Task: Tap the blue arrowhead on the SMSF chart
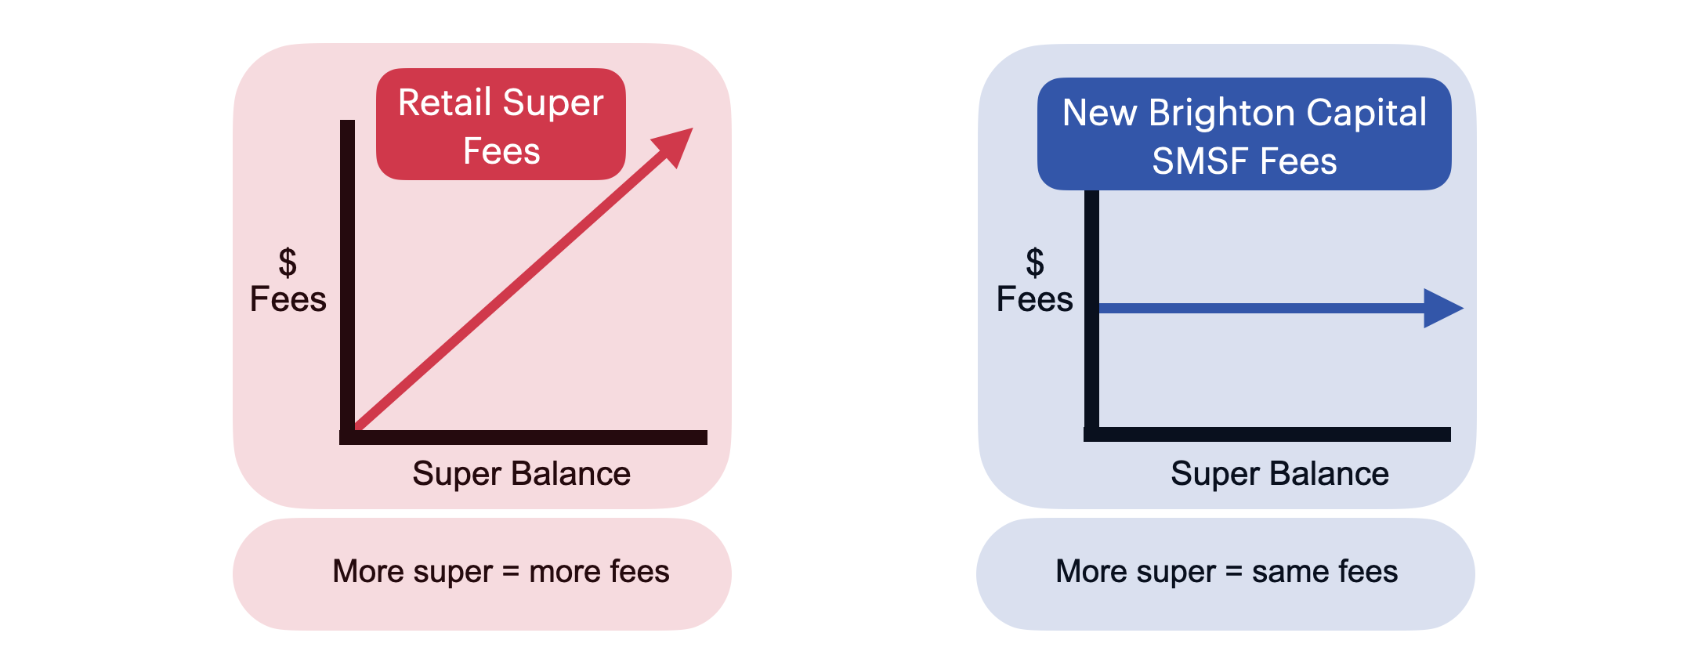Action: [1442, 308]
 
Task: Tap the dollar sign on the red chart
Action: [288, 262]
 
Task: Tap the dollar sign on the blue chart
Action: [1035, 262]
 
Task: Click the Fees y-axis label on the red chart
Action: [288, 299]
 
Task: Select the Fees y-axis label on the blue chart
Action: [1034, 299]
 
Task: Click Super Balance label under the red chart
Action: [521, 474]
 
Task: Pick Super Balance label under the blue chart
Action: [1279, 474]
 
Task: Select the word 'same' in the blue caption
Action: [1289, 572]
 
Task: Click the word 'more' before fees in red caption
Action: [564, 572]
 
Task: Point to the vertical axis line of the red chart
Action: [347, 274]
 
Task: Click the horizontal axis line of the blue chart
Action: [1269, 434]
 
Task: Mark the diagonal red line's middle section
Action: [509, 289]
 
